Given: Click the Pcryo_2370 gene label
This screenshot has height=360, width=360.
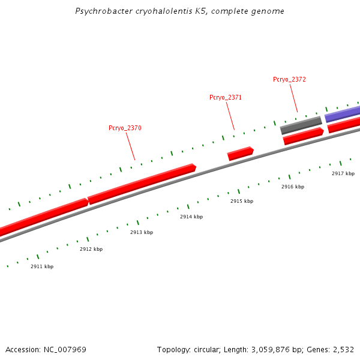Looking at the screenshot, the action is [x=125, y=128].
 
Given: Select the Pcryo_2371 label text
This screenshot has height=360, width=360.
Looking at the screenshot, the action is [x=226, y=97].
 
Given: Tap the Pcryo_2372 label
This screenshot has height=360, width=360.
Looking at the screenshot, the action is [x=289, y=79].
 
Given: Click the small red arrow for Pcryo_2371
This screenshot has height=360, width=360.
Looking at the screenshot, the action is [x=240, y=154].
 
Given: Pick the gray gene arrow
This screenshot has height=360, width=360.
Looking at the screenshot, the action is [x=301, y=125].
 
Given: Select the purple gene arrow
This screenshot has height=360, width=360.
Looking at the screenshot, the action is [x=343, y=113].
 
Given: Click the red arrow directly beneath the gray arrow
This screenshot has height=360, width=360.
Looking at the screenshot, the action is [x=303, y=136].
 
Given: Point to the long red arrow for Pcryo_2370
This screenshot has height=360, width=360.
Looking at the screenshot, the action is [x=142, y=183].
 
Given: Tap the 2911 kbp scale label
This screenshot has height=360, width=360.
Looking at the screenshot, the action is [x=42, y=266].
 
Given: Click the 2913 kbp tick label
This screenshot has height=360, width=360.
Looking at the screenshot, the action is [x=142, y=232].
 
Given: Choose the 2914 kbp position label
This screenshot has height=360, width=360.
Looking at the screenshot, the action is [x=191, y=217].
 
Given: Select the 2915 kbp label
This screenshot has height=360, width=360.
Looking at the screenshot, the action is [x=242, y=201].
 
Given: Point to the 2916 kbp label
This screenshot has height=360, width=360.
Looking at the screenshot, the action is [x=293, y=187].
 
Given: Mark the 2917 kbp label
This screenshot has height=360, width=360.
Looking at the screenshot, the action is [x=343, y=173].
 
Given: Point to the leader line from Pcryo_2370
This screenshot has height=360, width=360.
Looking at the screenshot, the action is [x=130, y=146].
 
